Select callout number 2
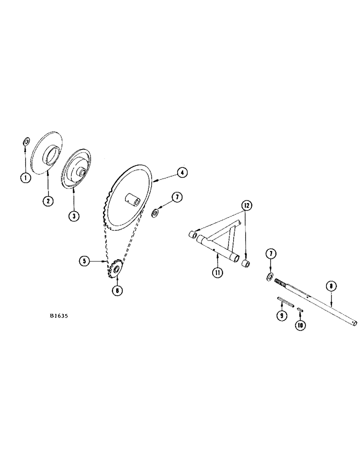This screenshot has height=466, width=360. coord(48,201)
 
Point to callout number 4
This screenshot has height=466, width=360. coord(181,173)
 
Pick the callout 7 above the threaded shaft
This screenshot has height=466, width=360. coord(270,254)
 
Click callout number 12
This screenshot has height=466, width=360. coord(246,206)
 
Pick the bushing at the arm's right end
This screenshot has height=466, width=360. coord(246,265)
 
